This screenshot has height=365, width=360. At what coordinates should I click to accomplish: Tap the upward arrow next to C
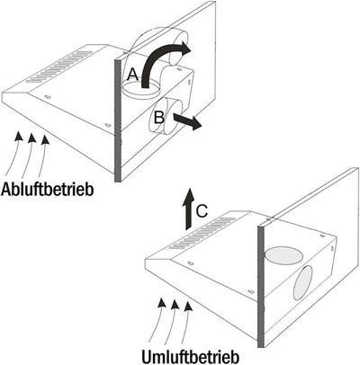point(188,209)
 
